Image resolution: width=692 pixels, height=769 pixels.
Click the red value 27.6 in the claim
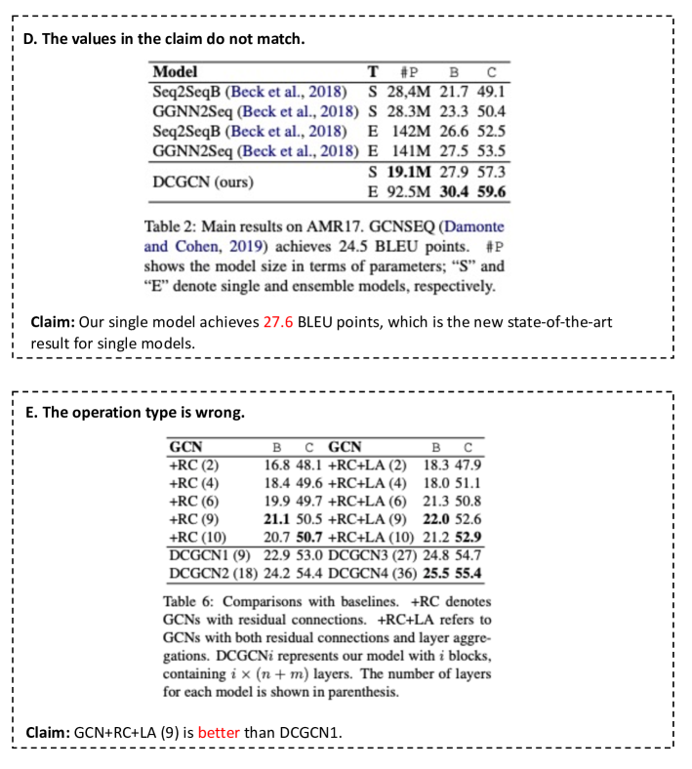click(x=279, y=321)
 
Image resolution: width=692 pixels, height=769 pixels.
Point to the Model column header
click(x=176, y=71)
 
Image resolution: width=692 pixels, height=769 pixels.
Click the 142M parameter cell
click(x=404, y=131)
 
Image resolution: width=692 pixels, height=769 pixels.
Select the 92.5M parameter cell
click(x=403, y=191)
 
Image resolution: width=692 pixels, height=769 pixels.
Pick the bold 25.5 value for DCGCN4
click(x=440, y=572)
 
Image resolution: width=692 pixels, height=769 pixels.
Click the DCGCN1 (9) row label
click(x=201, y=554)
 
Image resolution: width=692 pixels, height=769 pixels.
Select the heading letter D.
click(x=29, y=39)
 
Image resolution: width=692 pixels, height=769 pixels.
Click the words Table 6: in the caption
click(x=189, y=602)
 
